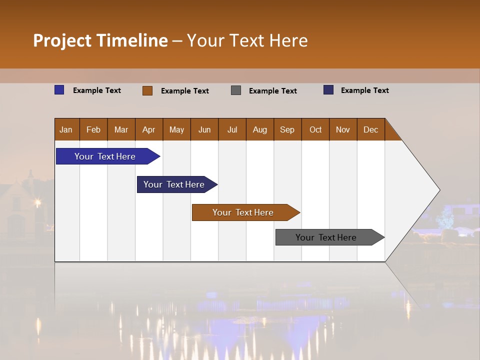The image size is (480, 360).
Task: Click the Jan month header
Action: tap(66, 129)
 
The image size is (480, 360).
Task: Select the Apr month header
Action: tap(148, 129)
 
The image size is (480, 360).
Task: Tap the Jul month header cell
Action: tap(232, 129)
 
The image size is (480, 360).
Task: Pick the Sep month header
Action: tap(287, 129)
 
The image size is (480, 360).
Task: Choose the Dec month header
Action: tap(370, 129)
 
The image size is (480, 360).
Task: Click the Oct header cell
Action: tap(315, 129)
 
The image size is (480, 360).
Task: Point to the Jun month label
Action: tap(204, 129)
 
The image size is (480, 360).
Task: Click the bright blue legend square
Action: tap(59, 90)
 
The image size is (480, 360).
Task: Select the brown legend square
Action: tap(147, 90)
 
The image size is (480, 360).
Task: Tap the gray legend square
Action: tap(236, 90)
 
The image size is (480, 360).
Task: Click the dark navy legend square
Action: tap(328, 90)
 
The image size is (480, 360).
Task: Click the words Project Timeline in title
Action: tap(100, 40)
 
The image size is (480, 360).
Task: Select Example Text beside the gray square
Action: tap(272, 91)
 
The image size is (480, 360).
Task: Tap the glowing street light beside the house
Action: tap(37, 202)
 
